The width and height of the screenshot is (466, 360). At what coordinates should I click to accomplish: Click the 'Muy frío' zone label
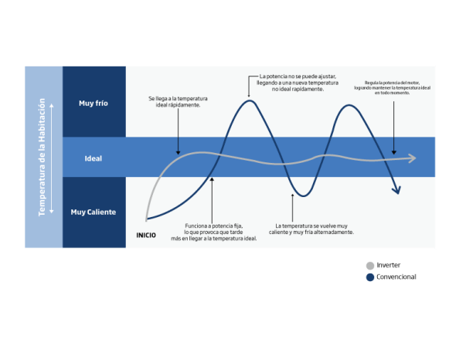tap(94, 104)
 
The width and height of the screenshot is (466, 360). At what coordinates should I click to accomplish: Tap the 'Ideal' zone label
tap(94, 158)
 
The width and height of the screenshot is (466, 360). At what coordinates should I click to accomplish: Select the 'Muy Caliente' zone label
tap(94, 212)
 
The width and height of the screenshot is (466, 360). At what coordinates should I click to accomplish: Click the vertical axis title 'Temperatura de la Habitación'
tap(42, 157)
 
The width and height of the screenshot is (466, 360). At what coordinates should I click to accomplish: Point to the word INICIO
tap(146, 236)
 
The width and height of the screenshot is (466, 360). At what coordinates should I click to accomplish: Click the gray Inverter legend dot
tap(370, 266)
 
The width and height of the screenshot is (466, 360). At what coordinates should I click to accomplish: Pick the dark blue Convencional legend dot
tap(370, 277)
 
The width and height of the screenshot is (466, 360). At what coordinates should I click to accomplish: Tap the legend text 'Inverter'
tap(389, 265)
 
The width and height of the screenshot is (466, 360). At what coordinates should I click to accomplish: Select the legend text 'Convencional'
tap(396, 277)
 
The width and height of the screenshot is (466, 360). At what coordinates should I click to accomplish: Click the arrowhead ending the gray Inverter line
tap(413, 158)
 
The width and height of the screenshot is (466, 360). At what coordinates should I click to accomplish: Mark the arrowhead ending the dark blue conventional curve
tap(397, 190)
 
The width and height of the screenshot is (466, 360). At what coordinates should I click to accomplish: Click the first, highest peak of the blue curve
tap(250, 101)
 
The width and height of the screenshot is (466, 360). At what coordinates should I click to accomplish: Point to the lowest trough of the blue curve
tap(303, 195)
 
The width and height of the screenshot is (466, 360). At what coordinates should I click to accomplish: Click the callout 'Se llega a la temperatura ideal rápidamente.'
tap(178, 101)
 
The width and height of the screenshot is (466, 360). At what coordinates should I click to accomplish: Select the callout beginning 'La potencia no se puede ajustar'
tap(298, 83)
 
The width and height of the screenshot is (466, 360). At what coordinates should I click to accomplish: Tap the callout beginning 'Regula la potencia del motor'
tap(392, 88)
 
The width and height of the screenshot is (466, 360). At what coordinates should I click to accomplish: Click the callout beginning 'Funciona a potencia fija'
tap(214, 232)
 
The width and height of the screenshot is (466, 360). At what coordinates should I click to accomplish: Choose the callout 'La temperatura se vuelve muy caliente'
tap(311, 229)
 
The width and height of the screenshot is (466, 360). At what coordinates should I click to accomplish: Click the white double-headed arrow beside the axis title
tap(52, 158)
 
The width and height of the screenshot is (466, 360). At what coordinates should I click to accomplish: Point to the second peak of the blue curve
tap(349, 105)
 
